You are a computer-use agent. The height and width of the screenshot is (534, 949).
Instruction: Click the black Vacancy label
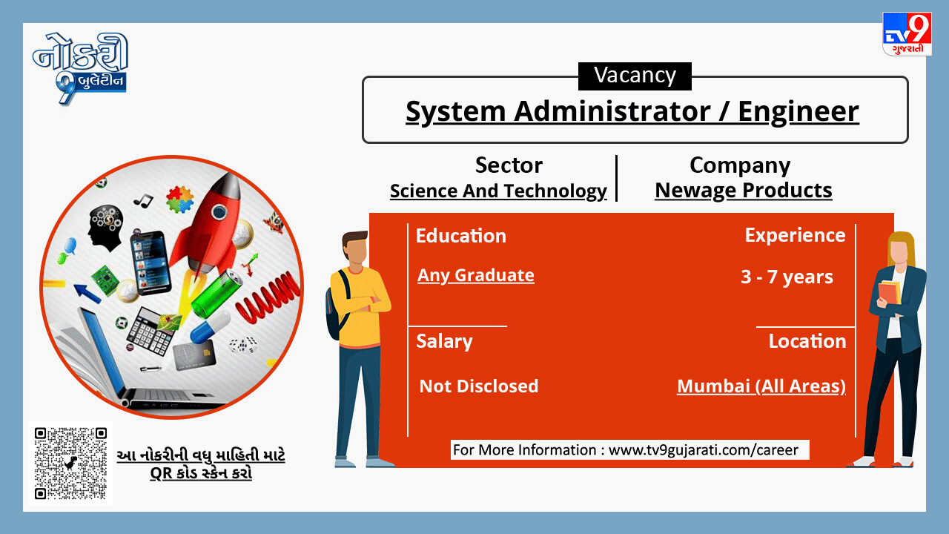point(635,76)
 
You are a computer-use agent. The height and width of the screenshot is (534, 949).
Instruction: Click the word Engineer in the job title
point(798,112)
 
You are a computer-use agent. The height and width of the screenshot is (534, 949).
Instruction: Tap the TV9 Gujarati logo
point(907,33)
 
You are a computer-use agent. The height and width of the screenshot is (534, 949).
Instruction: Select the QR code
point(70,463)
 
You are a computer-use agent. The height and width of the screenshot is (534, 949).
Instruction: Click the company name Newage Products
point(744,191)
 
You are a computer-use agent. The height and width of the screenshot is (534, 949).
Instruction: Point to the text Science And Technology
point(498,191)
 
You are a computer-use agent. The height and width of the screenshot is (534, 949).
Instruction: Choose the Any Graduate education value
point(476,275)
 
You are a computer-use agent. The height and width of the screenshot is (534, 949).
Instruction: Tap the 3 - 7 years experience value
point(787,277)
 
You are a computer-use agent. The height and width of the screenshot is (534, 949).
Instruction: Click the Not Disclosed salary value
point(479,386)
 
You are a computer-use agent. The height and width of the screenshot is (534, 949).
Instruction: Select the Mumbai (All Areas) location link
point(761,386)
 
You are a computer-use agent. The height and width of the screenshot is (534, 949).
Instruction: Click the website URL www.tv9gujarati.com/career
point(704,449)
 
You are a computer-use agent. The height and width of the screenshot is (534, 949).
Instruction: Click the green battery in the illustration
point(216,293)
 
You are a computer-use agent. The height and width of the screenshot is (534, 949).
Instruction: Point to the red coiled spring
point(268,296)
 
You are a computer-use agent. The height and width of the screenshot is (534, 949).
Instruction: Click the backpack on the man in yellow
point(337,304)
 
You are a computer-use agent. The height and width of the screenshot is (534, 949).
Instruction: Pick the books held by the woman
point(890,292)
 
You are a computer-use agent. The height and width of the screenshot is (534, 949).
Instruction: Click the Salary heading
point(444,342)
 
